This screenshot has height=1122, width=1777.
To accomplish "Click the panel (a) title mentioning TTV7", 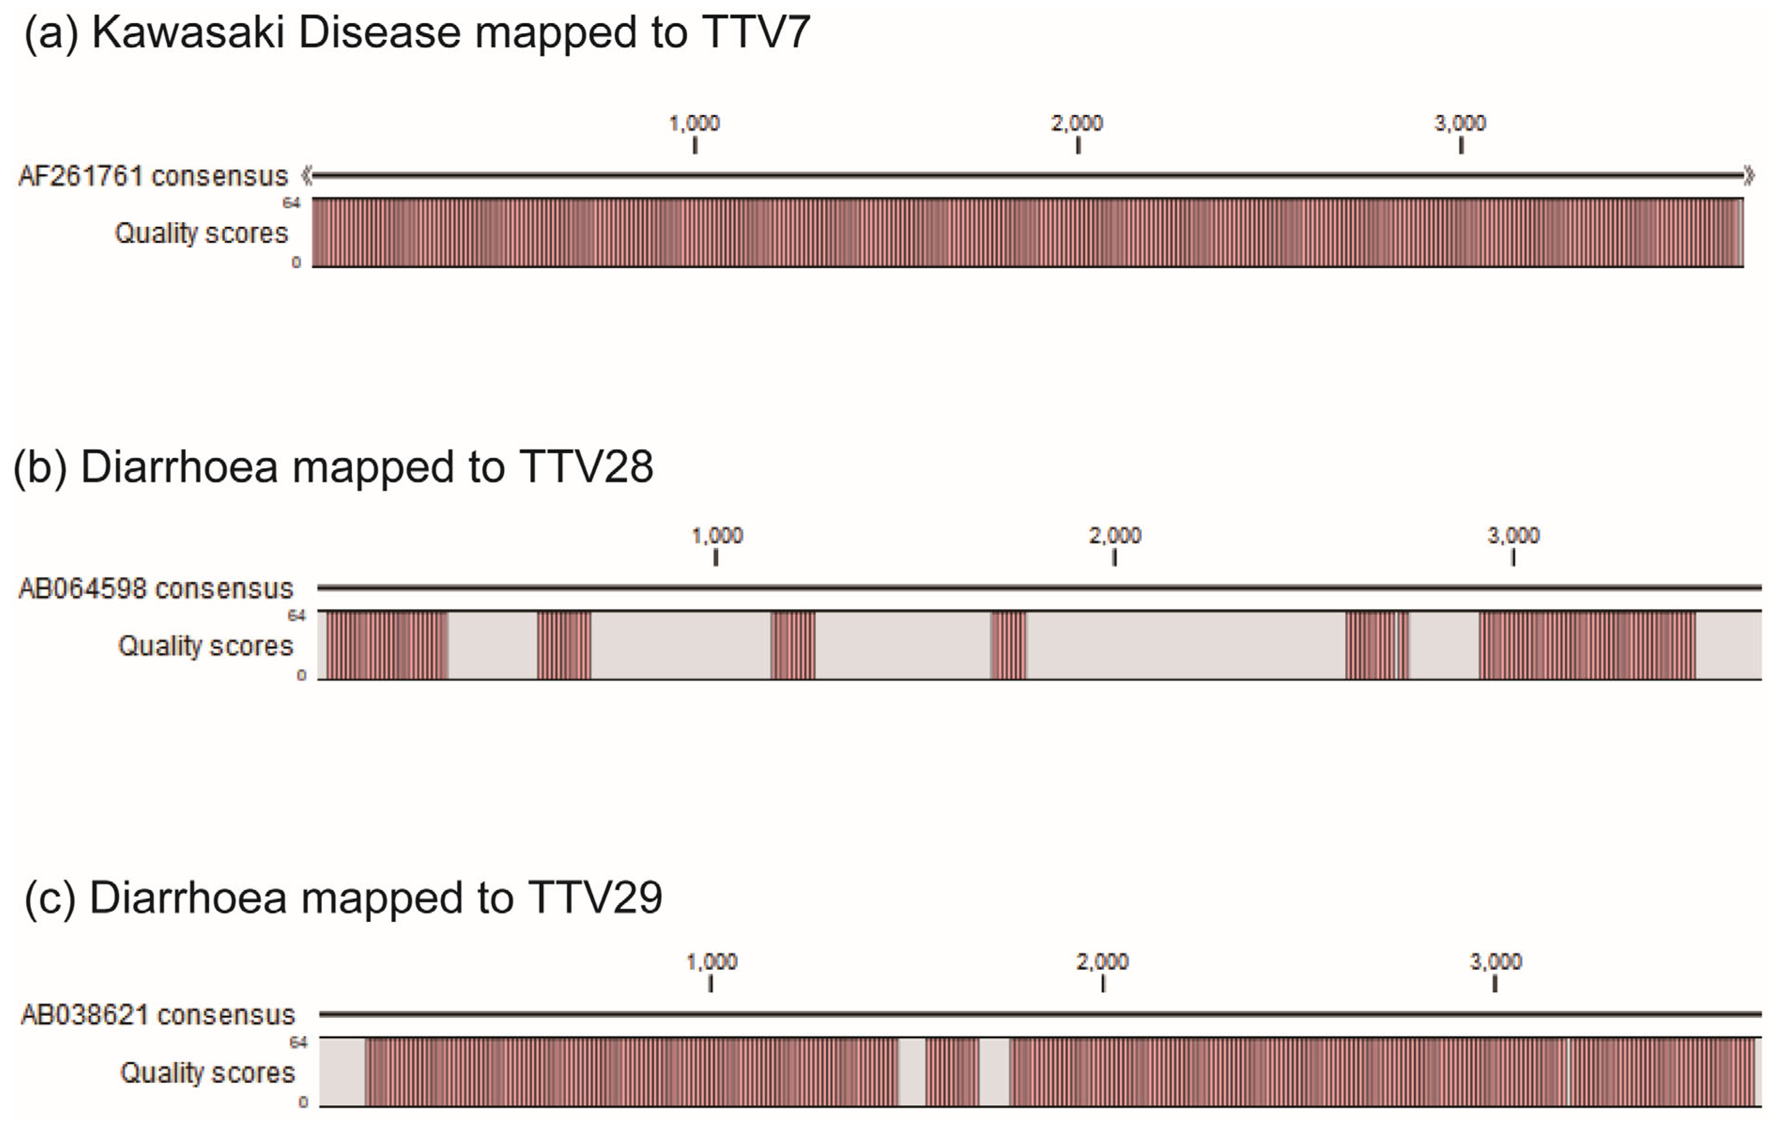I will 417,33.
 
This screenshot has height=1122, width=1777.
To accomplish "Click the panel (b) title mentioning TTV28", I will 333,467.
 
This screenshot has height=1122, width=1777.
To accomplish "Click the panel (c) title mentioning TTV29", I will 343,898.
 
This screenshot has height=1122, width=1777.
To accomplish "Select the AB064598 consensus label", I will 156,588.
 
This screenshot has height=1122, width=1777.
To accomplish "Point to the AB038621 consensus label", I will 157,1015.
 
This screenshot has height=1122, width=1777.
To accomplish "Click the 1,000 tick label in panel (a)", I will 694,123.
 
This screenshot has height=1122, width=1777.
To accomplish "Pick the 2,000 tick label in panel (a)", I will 1077,123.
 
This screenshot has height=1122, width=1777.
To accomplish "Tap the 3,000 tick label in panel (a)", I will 1460,123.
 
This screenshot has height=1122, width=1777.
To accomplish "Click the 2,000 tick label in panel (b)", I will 1114,535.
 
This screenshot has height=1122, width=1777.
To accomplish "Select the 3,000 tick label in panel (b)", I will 1513,535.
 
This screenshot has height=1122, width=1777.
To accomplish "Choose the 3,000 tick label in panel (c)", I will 1495,962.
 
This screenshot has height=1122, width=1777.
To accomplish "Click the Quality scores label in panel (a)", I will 201,233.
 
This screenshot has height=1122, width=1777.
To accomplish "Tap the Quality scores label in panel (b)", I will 205,646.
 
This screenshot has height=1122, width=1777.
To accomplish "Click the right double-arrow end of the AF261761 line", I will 1748,176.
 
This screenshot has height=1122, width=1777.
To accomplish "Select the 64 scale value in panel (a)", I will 291,203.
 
